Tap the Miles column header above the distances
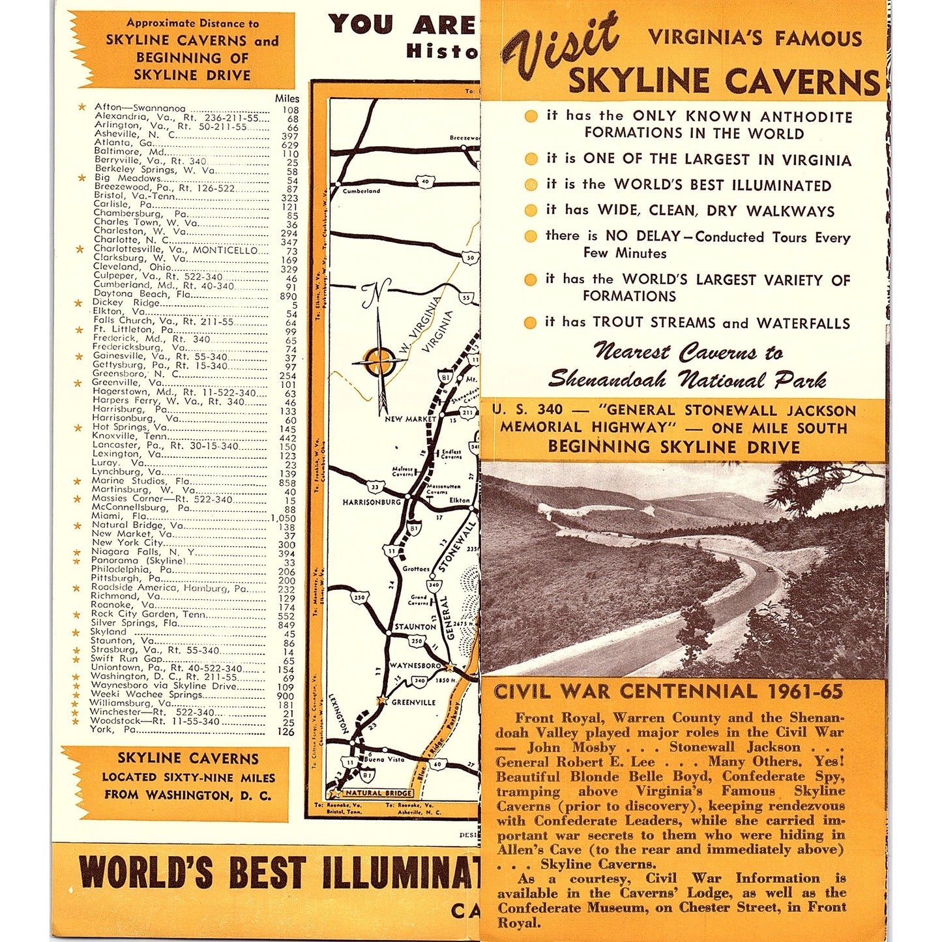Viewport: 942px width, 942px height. click(x=287, y=98)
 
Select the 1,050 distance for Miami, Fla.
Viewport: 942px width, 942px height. click(x=284, y=518)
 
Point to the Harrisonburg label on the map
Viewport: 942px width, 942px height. click(x=372, y=502)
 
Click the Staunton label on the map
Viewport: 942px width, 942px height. click(x=415, y=626)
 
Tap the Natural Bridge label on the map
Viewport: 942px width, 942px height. click(x=378, y=793)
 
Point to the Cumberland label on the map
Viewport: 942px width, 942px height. click(x=361, y=191)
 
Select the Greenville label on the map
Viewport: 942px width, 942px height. click(x=413, y=702)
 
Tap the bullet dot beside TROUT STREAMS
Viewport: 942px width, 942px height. click(x=531, y=322)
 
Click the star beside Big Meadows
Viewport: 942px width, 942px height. click(x=81, y=178)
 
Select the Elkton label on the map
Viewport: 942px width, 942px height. click(x=459, y=501)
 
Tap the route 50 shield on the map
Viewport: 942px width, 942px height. click(x=471, y=258)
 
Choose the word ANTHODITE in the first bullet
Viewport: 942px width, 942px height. click(x=806, y=117)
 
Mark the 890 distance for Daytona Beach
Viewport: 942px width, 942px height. click(x=288, y=296)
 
